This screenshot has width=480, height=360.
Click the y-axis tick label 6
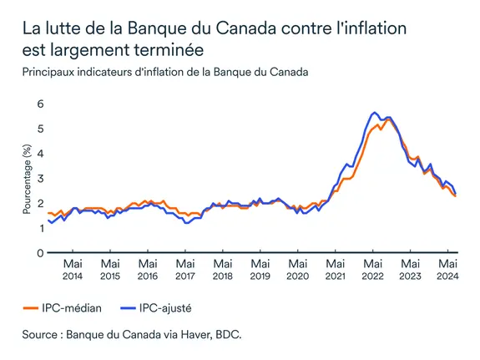pos(38,104)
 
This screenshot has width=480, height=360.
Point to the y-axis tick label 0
pos(38,252)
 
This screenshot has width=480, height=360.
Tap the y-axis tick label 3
pos(38,178)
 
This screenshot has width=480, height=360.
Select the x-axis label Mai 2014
pos(72,269)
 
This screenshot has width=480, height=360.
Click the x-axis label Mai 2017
pos(184,269)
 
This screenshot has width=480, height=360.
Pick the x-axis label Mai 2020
pos(297,269)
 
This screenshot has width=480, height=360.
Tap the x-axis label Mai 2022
pos(372,269)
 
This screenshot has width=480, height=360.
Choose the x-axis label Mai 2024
pos(447,269)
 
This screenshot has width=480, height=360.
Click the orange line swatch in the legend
pos(32,308)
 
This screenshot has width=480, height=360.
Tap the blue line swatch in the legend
pos(124,308)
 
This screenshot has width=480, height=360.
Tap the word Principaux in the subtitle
pos(51,72)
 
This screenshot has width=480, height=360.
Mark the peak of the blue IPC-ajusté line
pos(375,112)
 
